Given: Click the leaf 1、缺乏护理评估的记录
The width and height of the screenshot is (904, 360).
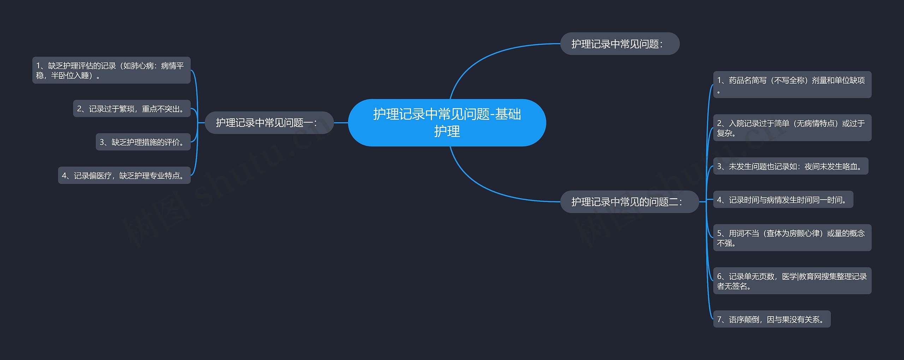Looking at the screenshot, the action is coord(111,70).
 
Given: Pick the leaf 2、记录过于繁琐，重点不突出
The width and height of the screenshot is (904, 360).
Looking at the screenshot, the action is coord(131,109).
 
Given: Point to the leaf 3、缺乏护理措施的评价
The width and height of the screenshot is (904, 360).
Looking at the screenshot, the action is coord(143,142).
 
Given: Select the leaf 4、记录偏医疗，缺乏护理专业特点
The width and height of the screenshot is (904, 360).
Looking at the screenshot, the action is coord(124,176).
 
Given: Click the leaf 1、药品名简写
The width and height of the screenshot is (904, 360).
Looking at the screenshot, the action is coord(792,85).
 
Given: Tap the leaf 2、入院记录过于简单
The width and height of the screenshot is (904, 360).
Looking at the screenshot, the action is coord(792,128).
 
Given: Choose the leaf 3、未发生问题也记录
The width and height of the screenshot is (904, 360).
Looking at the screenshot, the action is coord(790,166).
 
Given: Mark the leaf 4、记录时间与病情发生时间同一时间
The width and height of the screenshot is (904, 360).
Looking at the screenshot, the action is coord(783,200).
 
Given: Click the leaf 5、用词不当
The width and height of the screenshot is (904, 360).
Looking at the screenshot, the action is coord(792,238).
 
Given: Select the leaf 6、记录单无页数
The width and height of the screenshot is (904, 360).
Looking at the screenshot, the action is coord(792,281).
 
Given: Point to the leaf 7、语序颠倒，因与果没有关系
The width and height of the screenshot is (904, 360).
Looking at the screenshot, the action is coord(771,319).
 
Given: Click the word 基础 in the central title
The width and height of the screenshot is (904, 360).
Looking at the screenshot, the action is coord(508,114).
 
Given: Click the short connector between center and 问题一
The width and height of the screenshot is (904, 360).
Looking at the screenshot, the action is coord(341,123).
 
